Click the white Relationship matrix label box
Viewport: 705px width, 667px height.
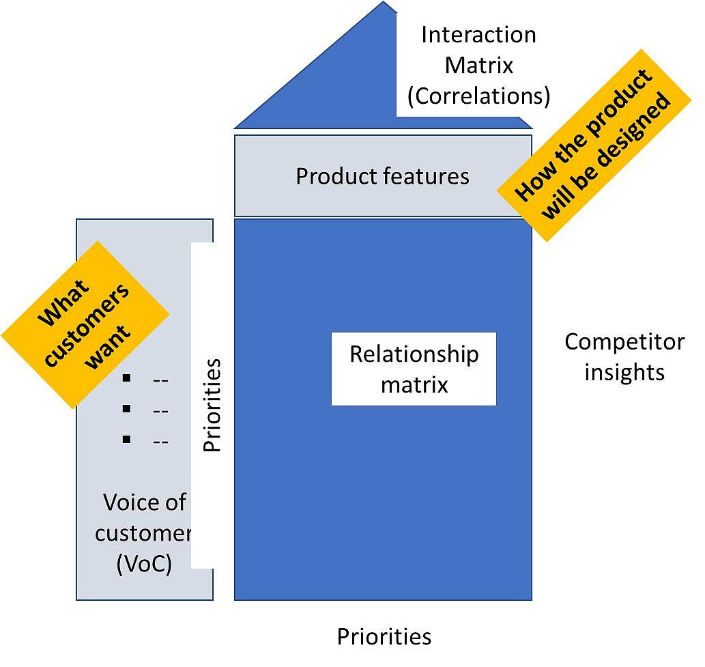click(414, 369)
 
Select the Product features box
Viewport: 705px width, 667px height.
click(382, 176)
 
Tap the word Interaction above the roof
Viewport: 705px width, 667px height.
click(478, 35)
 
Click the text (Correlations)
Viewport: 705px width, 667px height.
click(478, 96)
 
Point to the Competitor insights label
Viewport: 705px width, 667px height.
click(624, 356)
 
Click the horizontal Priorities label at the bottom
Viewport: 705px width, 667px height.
click(384, 636)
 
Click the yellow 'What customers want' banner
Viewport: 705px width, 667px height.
click(85, 324)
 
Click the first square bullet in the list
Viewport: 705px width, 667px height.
click(126, 378)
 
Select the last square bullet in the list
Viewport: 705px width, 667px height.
click(126, 439)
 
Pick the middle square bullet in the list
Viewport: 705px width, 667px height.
click(126, 408)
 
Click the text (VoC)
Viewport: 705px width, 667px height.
click(144, 564)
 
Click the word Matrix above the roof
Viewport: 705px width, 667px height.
click(478, 66)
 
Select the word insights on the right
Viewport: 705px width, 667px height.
click(624, 372)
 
